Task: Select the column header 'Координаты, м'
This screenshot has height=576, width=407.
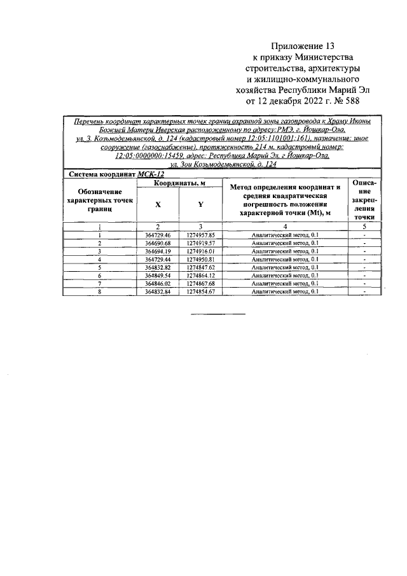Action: tap(179, 183)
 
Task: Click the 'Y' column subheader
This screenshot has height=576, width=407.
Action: tap(201, 205)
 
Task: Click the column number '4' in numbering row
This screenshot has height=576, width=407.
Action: tap(285, 226)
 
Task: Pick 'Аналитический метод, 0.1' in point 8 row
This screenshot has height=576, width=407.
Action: tap(285, 292)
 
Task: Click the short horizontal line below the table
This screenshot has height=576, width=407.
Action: tap(218, 314)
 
